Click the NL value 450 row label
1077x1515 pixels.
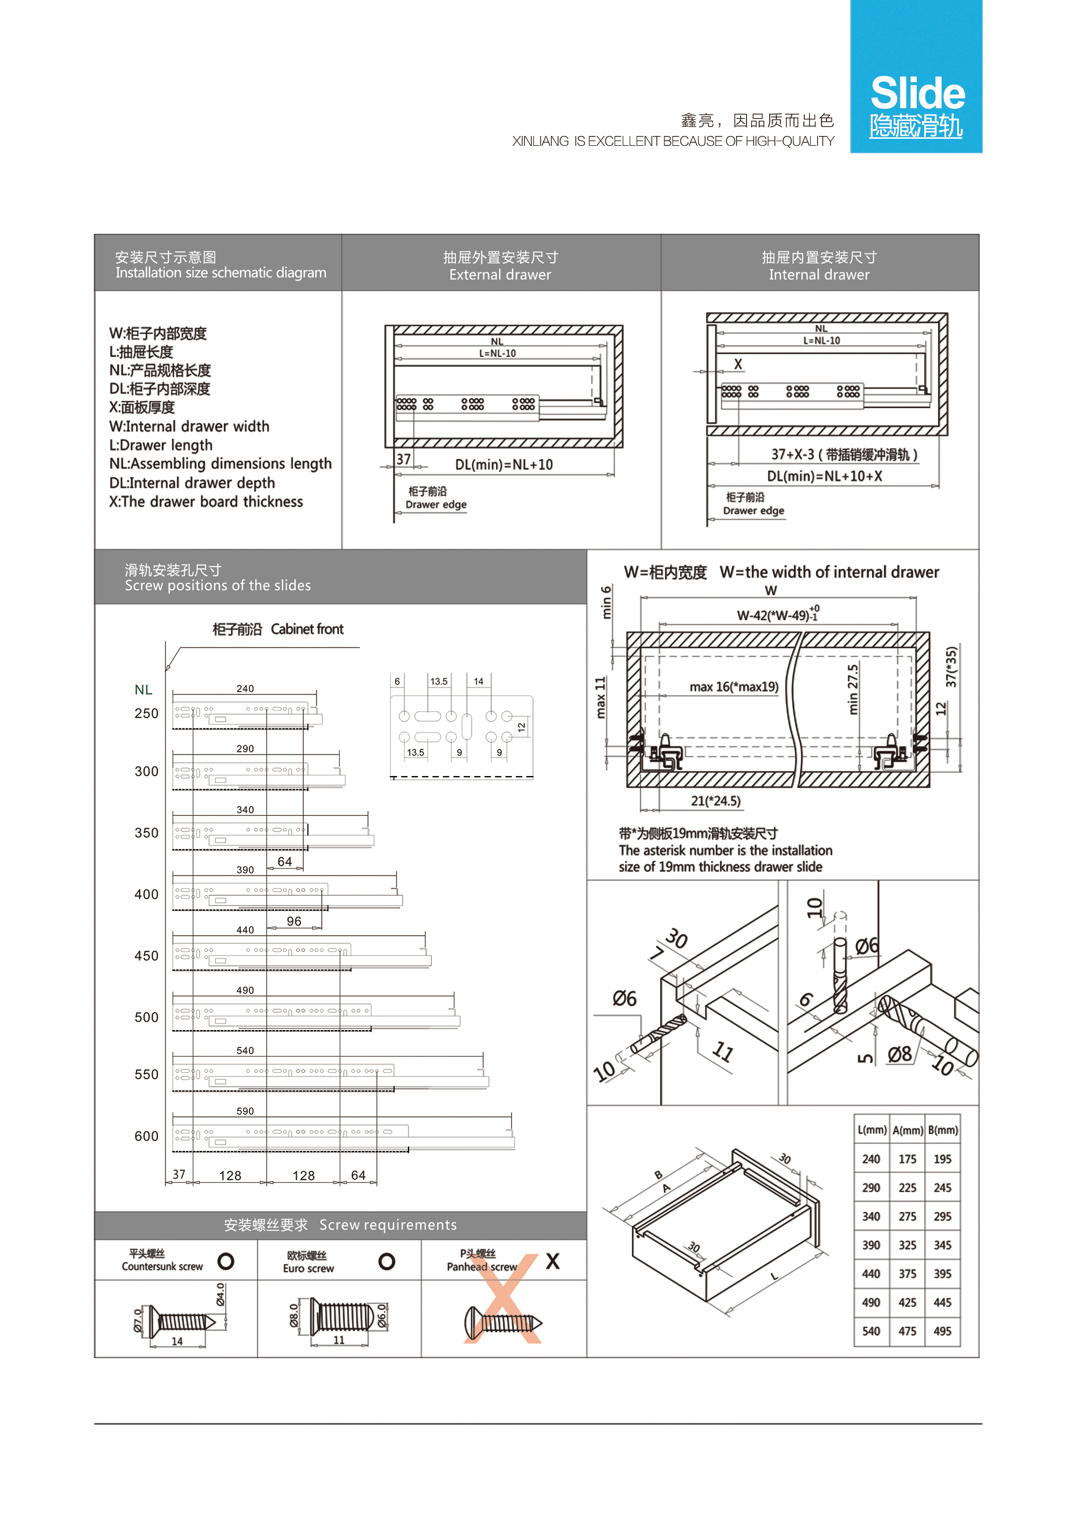click(146, 955)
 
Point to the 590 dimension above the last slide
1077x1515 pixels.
click(245, 1110)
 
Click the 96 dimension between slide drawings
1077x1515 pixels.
click(294, 921)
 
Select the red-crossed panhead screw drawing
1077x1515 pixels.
click(503, 1321)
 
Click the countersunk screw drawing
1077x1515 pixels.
click(181, 1321)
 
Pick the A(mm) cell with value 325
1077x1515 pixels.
click(907, 1245)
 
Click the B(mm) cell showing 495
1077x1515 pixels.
click(942, 1330)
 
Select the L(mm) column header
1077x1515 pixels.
click(872, 1130)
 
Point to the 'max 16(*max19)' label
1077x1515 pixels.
click(733, 687)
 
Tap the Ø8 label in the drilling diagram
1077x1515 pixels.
click(899, 1054)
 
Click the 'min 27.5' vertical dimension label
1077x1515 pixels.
click(853, 690)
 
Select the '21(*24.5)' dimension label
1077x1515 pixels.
click(715, 800)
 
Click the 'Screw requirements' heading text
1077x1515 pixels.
click(388, 1224)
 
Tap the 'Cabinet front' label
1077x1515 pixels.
click(307, 628)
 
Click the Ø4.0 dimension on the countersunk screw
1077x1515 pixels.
click(220, 1295)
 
